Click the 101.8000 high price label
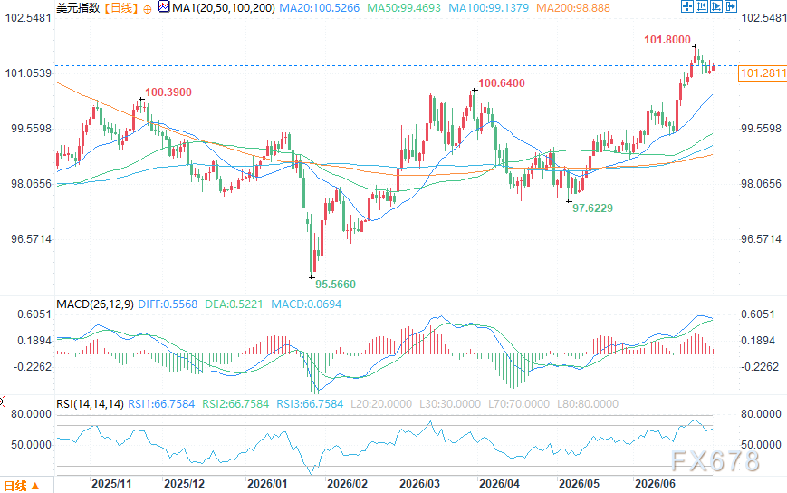click(x=667, y=40)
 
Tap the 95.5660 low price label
click(x=335, y=285)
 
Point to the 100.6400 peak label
click(x=502, y=83)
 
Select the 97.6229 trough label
click(x=593, y=208)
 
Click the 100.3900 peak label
click(x=168, y=92)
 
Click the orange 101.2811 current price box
click(x=763, y=73)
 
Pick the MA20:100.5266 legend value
click(x=319, y=8)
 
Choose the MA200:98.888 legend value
click(x=573, y=8)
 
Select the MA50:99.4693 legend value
click(x=404, y=8)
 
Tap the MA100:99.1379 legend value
click(x=488, y=8)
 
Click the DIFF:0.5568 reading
click(x=168, y=304)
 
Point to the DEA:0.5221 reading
click(x=234, y=304)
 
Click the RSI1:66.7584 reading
click(x=161, y=403)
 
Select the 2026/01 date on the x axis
click(x=267, y=483)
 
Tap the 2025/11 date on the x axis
click(x=111, y=483)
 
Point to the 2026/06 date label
click(x=655, y=483)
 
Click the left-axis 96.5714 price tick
click(x=31, y=239)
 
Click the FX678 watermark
click(x=715, y=460)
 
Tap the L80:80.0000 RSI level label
click(x=588, y=403)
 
